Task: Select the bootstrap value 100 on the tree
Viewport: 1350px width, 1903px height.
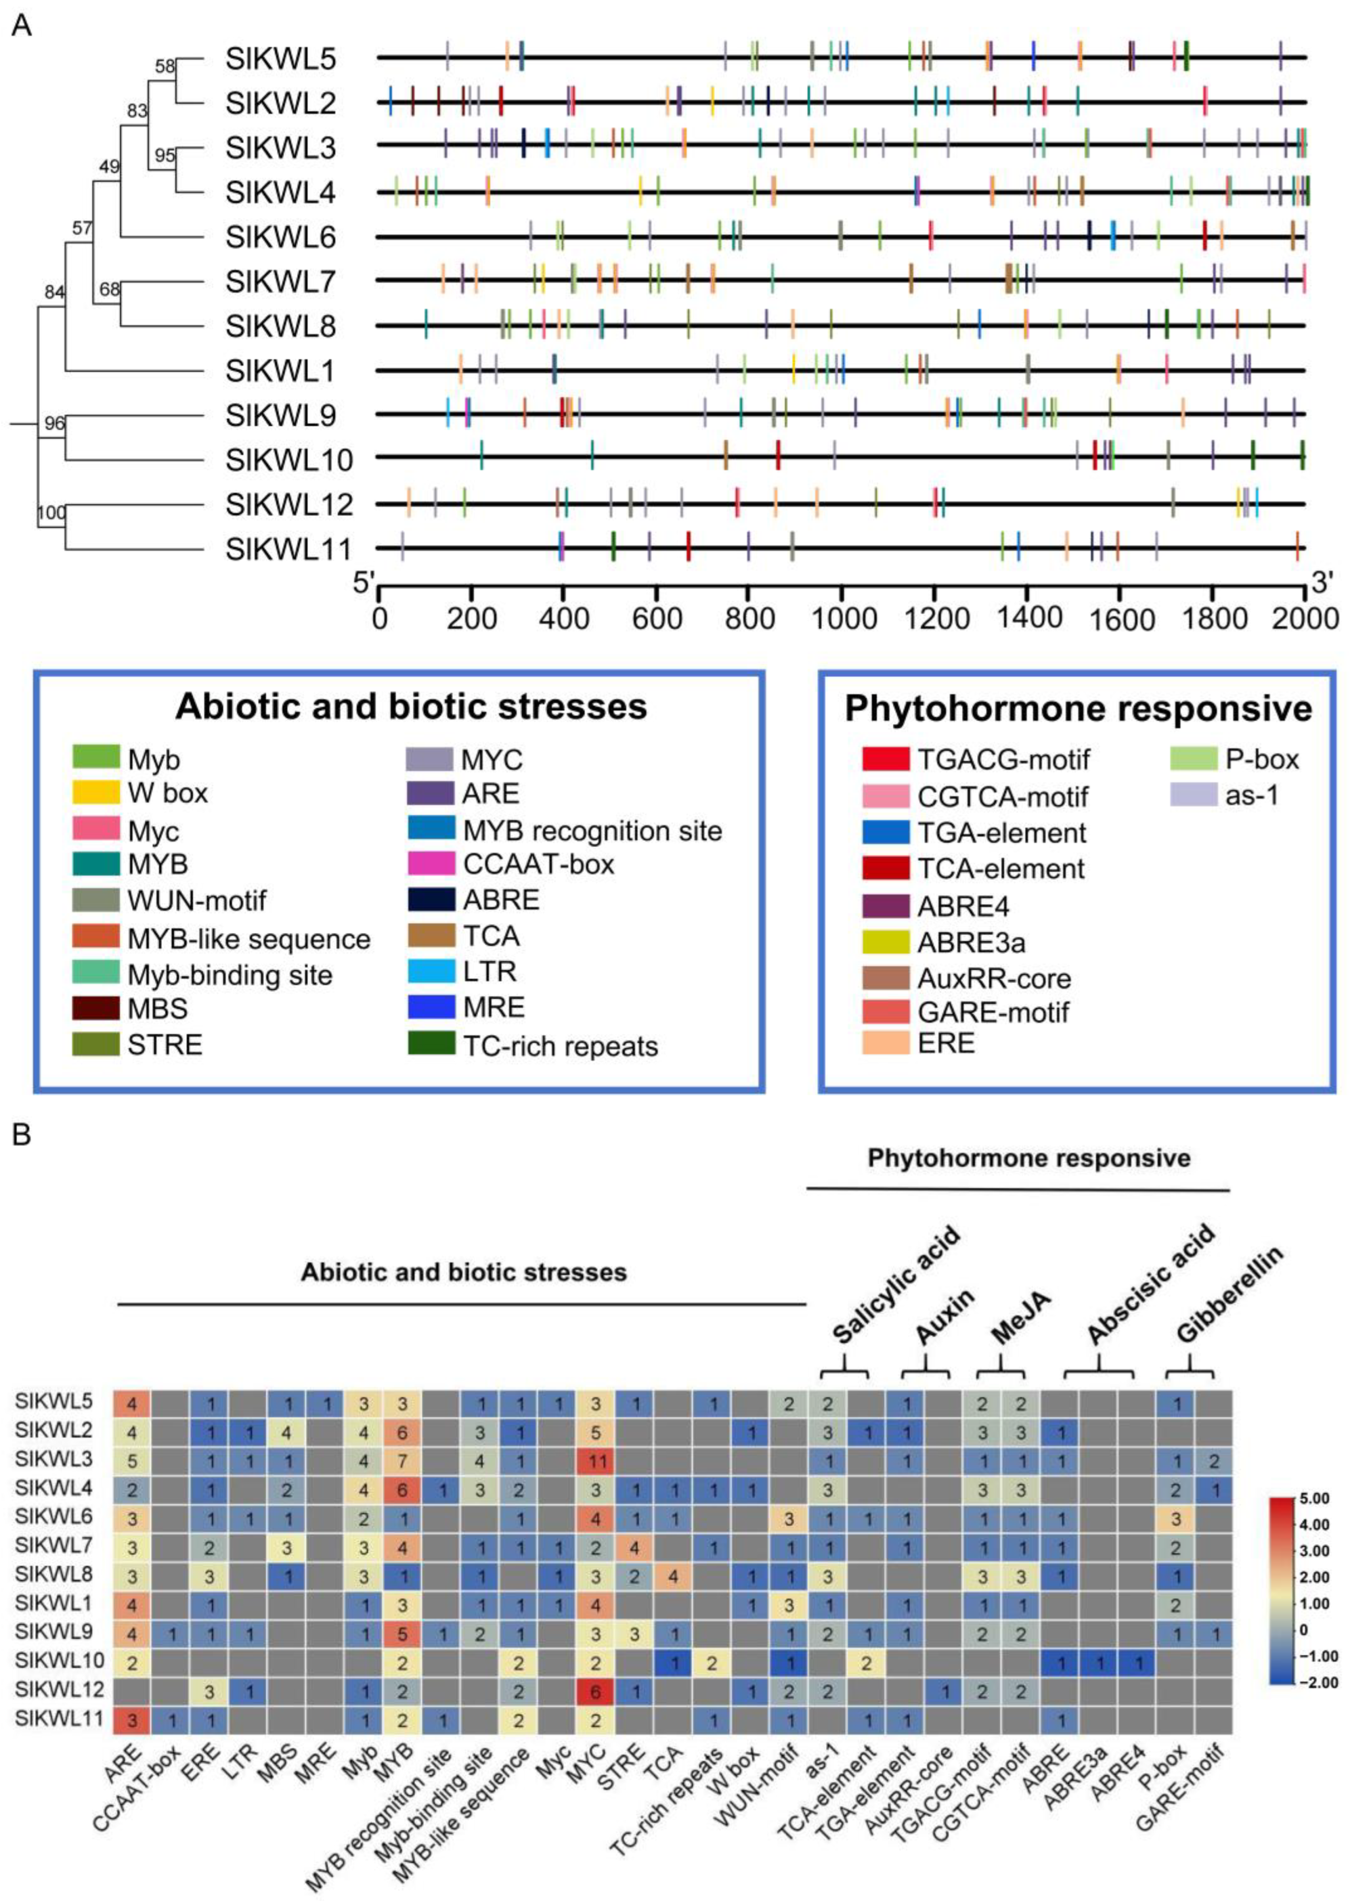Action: pos(51,513)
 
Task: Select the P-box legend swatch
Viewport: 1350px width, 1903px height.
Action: pos(1194,759)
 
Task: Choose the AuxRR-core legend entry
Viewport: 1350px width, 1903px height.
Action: pos(993,979)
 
